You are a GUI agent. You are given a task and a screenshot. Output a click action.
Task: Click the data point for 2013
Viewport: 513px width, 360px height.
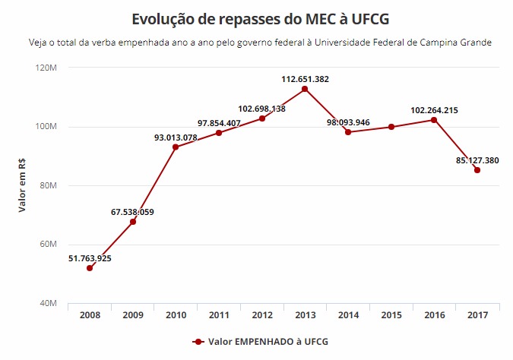click(x=305, y=89)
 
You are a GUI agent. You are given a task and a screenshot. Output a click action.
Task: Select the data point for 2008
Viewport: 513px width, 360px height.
click(x=90, y=268)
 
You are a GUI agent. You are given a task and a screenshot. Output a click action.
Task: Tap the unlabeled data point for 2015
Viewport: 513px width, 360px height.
click(x=391, y=127)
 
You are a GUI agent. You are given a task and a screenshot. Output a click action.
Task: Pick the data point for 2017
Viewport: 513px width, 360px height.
click(x=477, y=170)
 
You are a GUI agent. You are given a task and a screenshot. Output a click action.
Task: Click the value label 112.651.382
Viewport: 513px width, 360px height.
click(x=305, y=79)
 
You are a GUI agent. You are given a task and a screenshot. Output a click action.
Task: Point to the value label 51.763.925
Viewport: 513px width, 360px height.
click(x=90, y=258)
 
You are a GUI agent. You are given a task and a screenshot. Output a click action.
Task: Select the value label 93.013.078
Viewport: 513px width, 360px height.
click(x=176, y=137)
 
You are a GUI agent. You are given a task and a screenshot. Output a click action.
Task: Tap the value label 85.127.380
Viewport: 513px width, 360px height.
click(x=477, y=160)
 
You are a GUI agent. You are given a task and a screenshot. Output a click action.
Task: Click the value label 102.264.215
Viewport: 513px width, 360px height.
click(x=434, y=110)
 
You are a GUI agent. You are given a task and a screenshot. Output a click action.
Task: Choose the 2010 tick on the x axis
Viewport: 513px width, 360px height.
click(x=176, y=314)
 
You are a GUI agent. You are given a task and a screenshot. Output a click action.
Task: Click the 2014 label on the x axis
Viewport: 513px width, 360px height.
click(x=348, y=314)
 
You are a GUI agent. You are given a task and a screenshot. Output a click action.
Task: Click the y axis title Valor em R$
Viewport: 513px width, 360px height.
click(x=22, y=185)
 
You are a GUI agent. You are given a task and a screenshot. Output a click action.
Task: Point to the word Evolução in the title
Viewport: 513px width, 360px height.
click(x=164, y=18)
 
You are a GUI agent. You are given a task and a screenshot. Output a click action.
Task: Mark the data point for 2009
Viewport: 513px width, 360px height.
click(x=133, y=222)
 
